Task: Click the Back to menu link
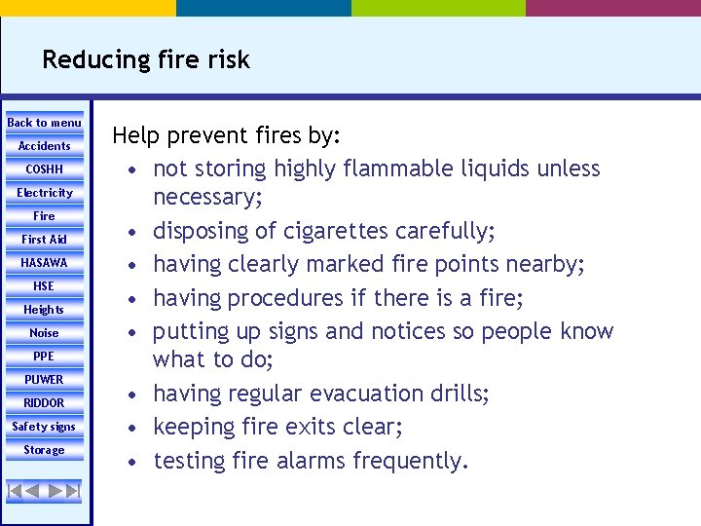tap(45, 123)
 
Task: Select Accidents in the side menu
tap(45, 146)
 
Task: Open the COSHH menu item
tap(45, 169)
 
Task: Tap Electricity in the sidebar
tap(45, 193)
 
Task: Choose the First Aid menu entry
tap(45, 240)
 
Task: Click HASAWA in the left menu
tap(45, 263)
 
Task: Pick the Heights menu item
tap(45, 310)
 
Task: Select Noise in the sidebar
tap(45, 333)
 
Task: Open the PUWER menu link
tap(45, 380)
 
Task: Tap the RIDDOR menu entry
tap(45, 403)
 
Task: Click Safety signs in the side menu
tap(45, 427)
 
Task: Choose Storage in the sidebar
tap(45, 450)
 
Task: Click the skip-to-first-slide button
tap(15, 491)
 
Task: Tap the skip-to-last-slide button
tap(73, 491)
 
